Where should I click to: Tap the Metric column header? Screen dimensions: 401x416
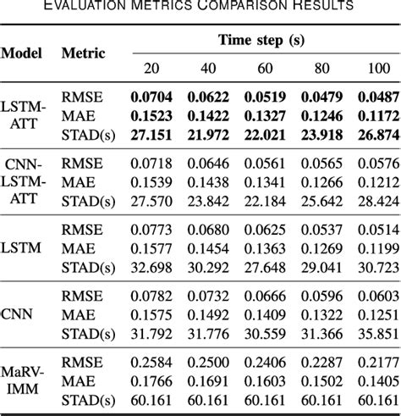click(83, 53)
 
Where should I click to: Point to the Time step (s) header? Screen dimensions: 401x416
click(255, 40)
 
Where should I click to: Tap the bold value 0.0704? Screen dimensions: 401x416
click(149, 97)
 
